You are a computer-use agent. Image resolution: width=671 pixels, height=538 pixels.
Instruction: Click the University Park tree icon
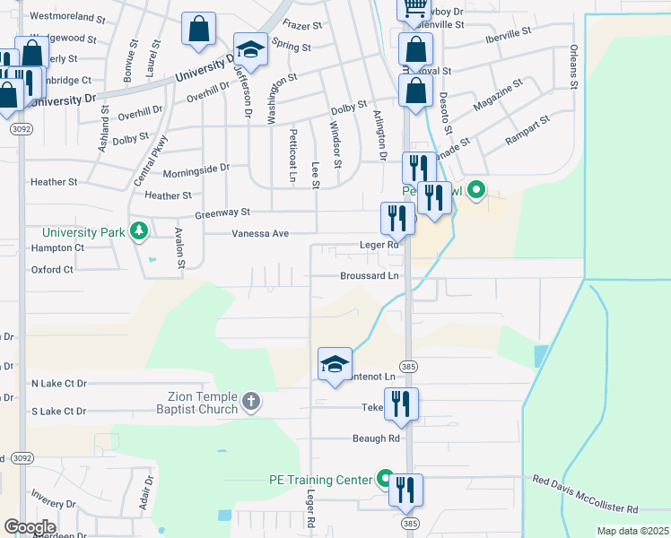(138, 232)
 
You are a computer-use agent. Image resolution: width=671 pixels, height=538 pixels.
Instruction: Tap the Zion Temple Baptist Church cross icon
(252, 403)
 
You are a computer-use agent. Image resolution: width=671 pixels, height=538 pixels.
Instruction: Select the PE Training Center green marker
(385, 480)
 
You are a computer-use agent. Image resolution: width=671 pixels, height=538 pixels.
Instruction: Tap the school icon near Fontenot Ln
(335, 364)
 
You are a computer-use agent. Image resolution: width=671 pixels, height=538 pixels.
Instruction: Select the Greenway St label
(222, 213)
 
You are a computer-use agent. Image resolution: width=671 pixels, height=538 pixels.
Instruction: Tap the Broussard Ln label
(369, 276)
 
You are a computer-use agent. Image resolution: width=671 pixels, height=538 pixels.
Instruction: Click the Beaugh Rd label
(375, 438)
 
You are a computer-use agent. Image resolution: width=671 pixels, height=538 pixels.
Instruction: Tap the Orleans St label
(571, 67)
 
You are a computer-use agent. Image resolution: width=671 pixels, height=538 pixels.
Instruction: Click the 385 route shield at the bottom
(410, 523)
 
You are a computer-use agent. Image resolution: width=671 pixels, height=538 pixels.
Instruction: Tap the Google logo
(29, 526)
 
